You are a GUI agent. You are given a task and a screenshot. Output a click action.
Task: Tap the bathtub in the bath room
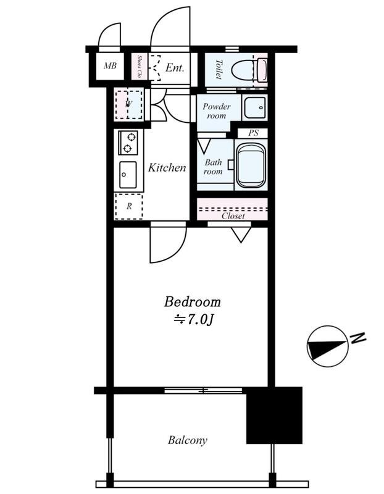[251, 165]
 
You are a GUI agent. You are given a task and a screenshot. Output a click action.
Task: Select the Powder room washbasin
[255, 107]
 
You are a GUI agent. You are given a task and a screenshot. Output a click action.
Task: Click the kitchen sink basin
[128, 175]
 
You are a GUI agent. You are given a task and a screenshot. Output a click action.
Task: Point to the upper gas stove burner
[131, 137]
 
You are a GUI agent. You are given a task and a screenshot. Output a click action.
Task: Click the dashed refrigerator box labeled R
[129, 207]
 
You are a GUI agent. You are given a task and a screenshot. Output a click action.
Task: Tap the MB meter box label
[110, 65]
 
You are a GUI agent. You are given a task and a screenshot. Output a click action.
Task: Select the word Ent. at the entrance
[175, 67]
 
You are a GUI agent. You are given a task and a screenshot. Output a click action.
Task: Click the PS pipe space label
[253, 133]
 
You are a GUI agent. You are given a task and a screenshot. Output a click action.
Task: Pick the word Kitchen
[167, 167]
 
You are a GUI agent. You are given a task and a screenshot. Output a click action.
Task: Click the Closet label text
[233, 216]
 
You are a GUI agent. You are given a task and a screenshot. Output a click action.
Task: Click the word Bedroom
[192, 302]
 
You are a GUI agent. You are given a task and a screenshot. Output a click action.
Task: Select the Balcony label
[188, 440]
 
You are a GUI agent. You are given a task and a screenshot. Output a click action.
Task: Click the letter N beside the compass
[358, 338]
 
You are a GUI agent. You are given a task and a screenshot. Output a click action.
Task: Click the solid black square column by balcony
[274, 415]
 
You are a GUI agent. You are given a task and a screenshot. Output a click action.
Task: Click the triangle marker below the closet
[241, 235]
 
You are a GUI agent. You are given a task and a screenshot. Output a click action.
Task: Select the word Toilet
[219, 69]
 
